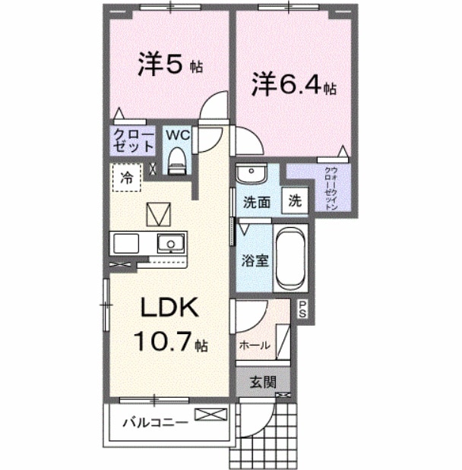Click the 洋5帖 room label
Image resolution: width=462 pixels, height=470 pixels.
coord(169,65)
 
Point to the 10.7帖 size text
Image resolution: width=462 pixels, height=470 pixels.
coord(169,343)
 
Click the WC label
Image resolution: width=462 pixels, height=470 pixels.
coord(177,135)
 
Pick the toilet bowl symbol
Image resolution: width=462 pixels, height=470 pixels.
coord(178,160)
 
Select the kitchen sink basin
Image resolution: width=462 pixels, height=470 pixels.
coord(171,244)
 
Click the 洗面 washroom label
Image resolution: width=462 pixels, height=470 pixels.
coord(257,203)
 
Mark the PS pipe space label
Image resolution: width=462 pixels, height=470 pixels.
coord(302,309)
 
